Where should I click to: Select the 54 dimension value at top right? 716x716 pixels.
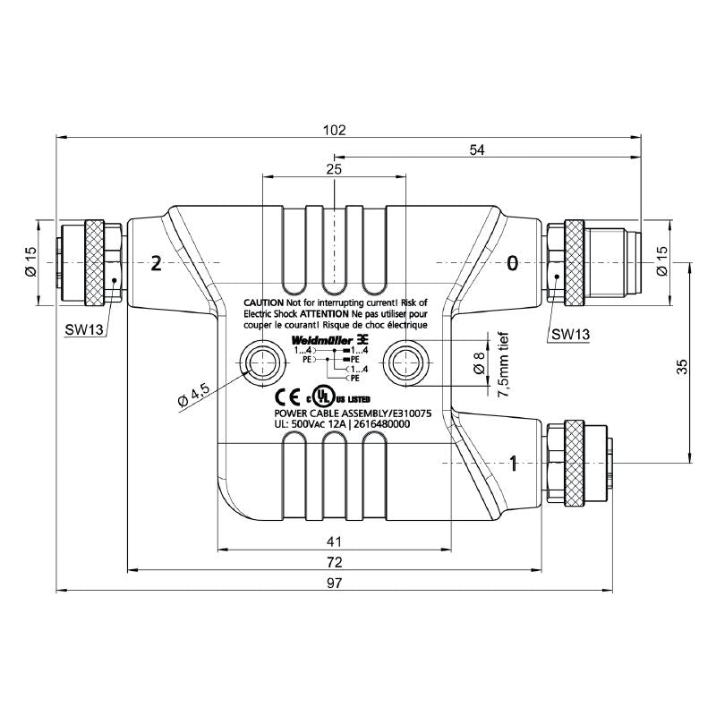pos(476,150)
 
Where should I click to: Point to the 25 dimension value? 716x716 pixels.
pos(333,168)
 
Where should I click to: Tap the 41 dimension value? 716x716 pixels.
pos(334,541)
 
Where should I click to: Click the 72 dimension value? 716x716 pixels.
pos(334,562)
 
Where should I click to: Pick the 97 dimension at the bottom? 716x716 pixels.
pos(334,584)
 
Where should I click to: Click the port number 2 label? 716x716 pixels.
pos(157,263)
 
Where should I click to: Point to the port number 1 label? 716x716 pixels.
pos(513,463)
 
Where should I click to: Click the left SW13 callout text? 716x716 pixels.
pos(85,329)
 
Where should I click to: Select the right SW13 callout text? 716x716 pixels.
pos(569,334)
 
